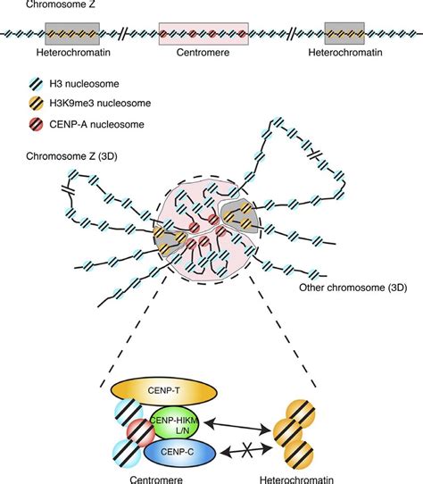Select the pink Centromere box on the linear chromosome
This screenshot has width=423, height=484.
click(203, 34)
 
